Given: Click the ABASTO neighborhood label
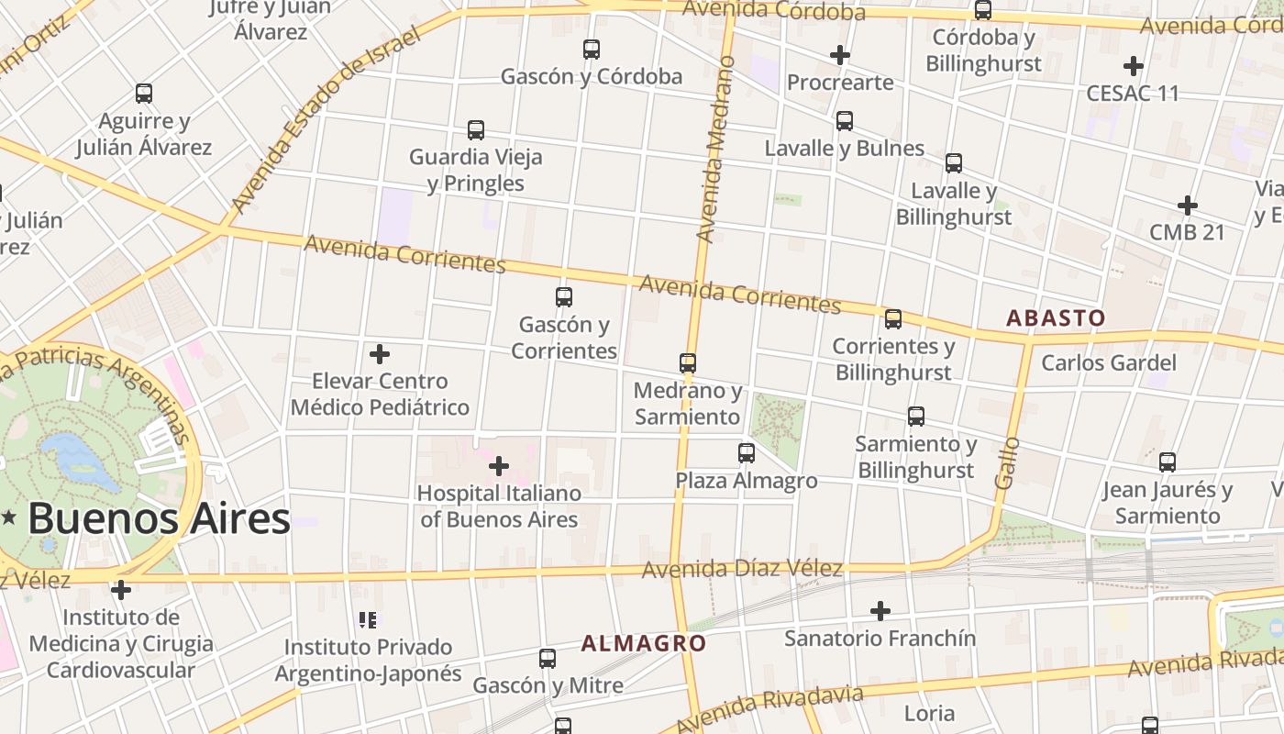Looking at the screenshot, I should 1056,318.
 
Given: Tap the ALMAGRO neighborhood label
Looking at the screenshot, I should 644,643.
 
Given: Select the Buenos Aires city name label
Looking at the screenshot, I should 159,519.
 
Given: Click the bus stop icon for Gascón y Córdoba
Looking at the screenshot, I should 592,50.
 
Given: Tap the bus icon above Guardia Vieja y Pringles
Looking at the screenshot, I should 475,130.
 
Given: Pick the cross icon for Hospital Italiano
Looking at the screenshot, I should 499,467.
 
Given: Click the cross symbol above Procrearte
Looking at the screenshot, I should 839,55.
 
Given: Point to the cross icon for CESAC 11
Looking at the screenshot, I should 1134,66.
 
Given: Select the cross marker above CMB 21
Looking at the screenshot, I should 1188,205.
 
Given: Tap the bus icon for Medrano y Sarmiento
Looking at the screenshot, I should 688,363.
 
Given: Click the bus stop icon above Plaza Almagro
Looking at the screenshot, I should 747,453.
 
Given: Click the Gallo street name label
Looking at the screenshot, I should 1007,462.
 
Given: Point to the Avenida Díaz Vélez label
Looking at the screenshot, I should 741,570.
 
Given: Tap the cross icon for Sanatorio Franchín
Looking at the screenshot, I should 880,611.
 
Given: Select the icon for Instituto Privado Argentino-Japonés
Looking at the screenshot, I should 368,621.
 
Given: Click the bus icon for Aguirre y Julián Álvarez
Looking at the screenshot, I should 144,94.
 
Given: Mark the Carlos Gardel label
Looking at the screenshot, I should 1108,362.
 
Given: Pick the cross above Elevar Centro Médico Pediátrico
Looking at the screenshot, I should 380,354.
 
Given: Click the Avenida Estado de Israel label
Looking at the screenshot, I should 325,120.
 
